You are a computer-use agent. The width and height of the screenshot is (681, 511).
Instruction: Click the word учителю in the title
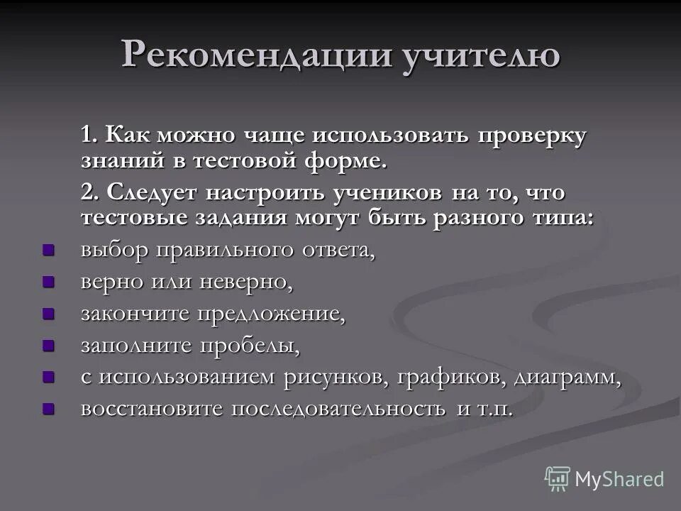pos(482,55)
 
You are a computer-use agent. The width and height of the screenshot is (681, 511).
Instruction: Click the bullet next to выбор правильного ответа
pos(48,250)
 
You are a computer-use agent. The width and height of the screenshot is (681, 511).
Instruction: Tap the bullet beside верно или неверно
pos(48,282)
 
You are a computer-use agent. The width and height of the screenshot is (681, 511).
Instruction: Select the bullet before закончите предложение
pos(48,313)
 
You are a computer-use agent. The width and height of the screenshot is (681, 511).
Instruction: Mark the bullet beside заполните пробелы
pos(48,345)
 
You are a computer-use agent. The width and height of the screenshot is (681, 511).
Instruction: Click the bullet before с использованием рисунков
pos(48,376)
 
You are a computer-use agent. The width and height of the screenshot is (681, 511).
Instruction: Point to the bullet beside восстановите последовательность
pos(48,408)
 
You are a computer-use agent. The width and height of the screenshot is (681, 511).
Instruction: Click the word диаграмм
pos(569,378)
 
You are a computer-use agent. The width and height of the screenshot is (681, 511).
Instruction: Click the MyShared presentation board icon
pos(558,478)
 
